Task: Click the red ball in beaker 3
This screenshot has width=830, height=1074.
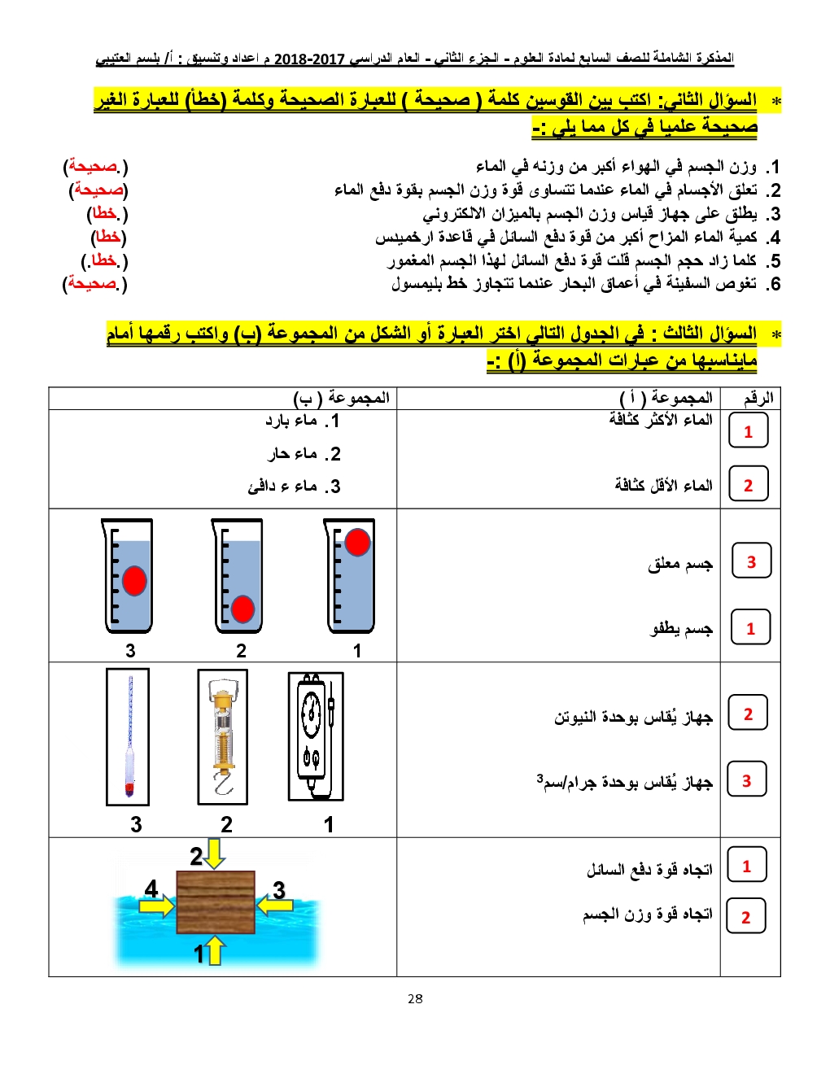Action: coord(134,580)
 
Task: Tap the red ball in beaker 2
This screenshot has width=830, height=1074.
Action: coord(242,609)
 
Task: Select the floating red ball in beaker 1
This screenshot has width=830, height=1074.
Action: coord(357,542)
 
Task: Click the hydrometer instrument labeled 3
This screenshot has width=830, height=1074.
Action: coord(129,736)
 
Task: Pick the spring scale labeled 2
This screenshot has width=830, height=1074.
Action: coord(222,736)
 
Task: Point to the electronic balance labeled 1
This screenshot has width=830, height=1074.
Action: coord(315,736)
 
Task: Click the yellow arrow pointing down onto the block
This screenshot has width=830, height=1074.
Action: coord(215,854)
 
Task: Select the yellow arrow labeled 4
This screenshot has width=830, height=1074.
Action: coord(160,905)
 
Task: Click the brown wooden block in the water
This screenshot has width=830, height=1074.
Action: coord(216,902)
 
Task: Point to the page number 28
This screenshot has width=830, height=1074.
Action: coord(415,998)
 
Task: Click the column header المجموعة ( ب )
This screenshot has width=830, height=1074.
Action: coord(342,398)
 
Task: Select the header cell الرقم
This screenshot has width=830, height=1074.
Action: coord(758,398)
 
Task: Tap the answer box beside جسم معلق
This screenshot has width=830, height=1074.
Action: coord(750,561)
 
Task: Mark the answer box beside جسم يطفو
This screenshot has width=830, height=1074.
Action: coord(750,628)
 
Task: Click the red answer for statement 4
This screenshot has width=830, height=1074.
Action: coord(108,237)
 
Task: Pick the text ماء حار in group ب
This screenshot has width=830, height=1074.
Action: coord(303,453)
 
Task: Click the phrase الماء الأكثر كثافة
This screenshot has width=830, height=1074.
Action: coord(661,419)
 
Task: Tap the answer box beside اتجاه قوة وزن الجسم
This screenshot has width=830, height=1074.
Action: coord(745,917)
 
